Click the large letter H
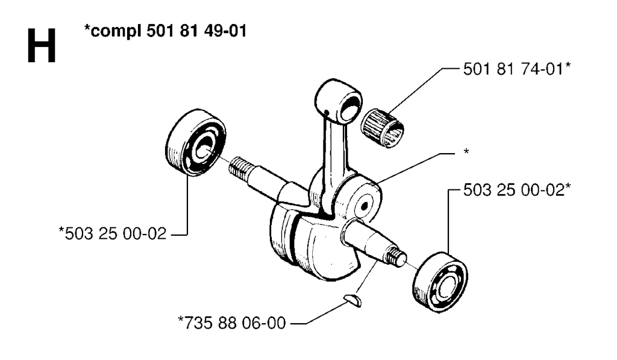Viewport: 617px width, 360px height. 42,46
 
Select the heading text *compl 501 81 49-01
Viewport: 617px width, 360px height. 165,31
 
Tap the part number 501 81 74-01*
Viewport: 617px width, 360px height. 516,69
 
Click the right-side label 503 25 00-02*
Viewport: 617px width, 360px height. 516,190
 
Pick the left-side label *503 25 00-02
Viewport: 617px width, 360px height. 113,233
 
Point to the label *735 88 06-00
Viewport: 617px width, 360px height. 232,323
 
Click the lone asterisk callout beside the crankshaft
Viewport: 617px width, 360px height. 466,152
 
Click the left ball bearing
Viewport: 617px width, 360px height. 196,142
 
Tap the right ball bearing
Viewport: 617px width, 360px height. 440,283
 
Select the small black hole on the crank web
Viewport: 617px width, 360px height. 364,205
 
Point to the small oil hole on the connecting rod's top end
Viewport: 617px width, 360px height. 327,113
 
